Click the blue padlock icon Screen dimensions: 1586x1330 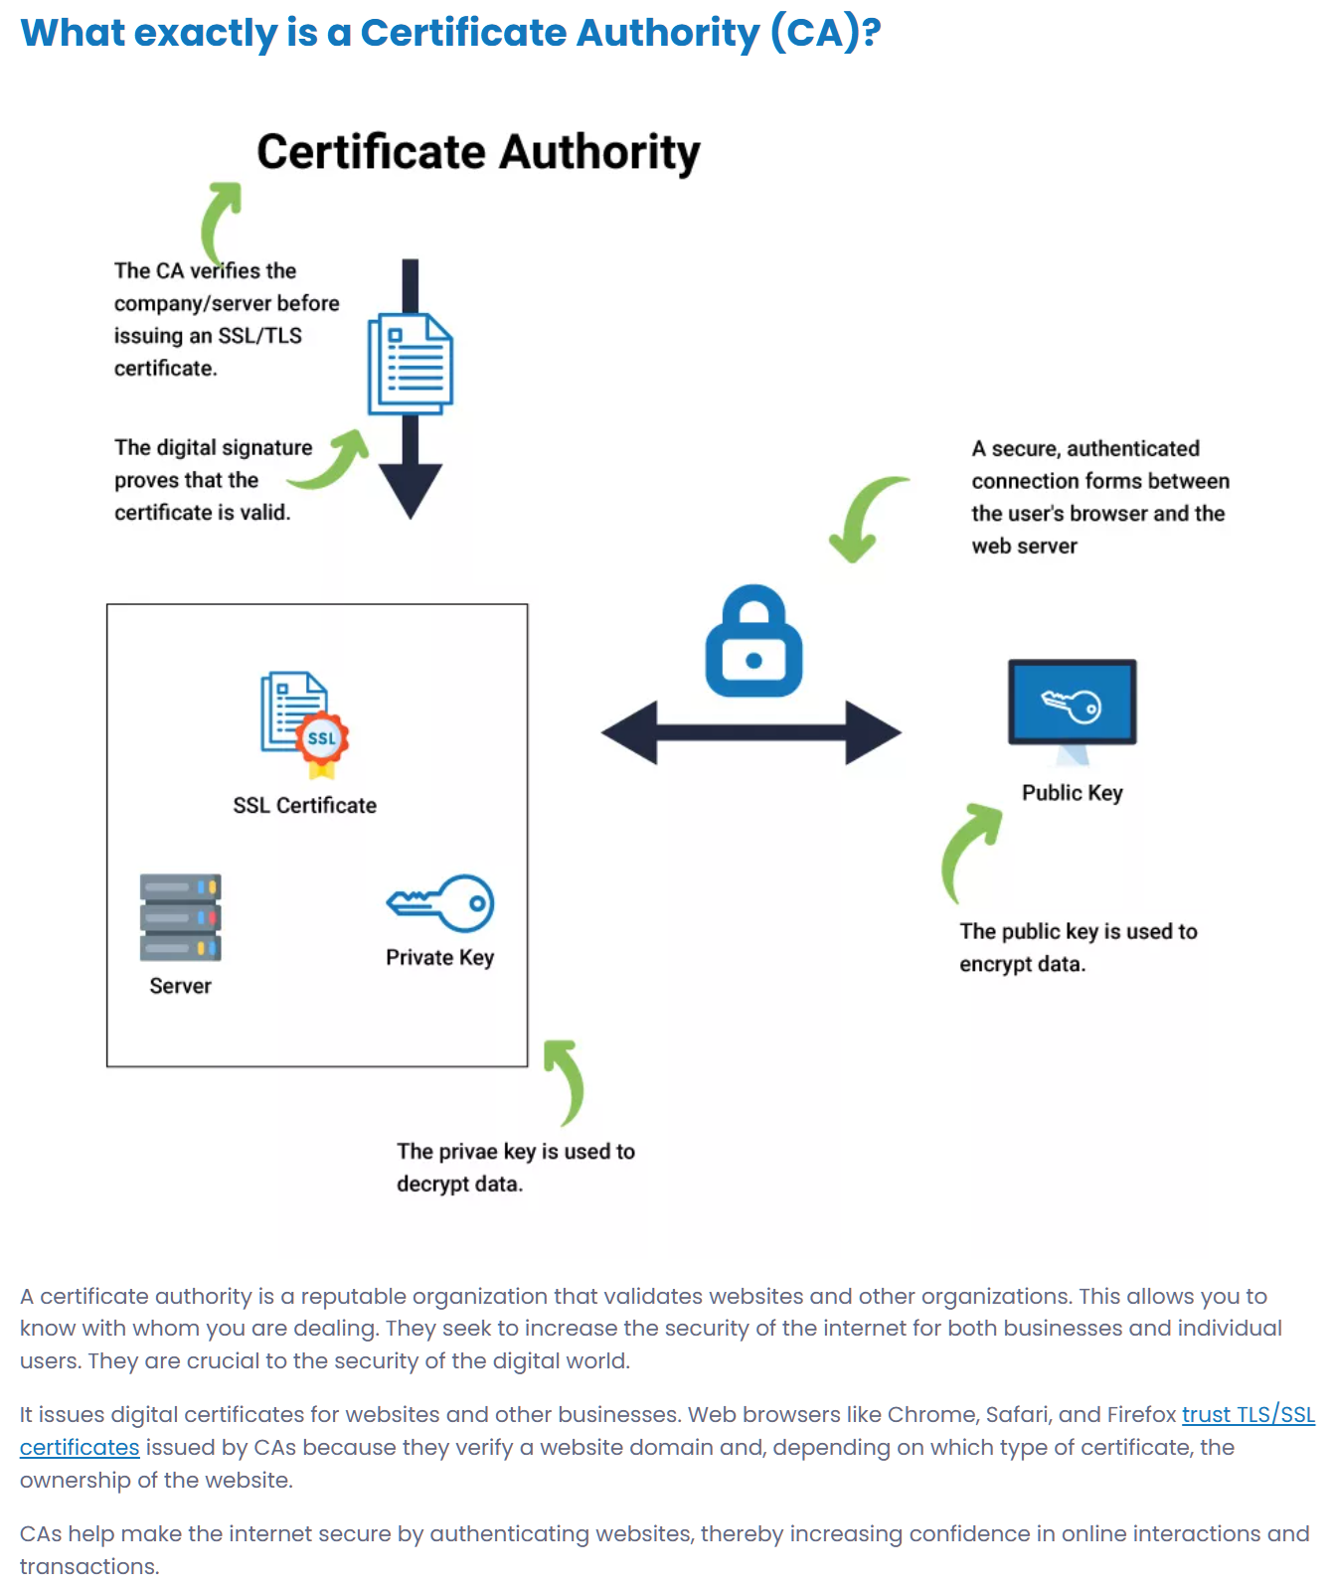[x=753, y=643]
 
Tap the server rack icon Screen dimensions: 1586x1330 [x=180, y=917]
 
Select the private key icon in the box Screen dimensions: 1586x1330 [x=440, y=903]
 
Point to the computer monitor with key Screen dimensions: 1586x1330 [x=1072, y=706]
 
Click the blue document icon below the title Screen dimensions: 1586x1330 [x=411, y=365]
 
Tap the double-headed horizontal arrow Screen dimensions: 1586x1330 [x=750, y=732]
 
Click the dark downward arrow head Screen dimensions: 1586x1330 [x=410, y=490]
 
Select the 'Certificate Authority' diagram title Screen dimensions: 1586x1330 [x=478, y=153]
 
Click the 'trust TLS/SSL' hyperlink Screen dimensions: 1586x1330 [x=1247, y=1414]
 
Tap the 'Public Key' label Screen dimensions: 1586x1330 [x=1072, y=793]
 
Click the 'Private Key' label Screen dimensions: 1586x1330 [x=439, y=958]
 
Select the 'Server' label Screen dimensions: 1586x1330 [x=180, y=986]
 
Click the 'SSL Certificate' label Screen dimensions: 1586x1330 [x=304, y=806]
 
